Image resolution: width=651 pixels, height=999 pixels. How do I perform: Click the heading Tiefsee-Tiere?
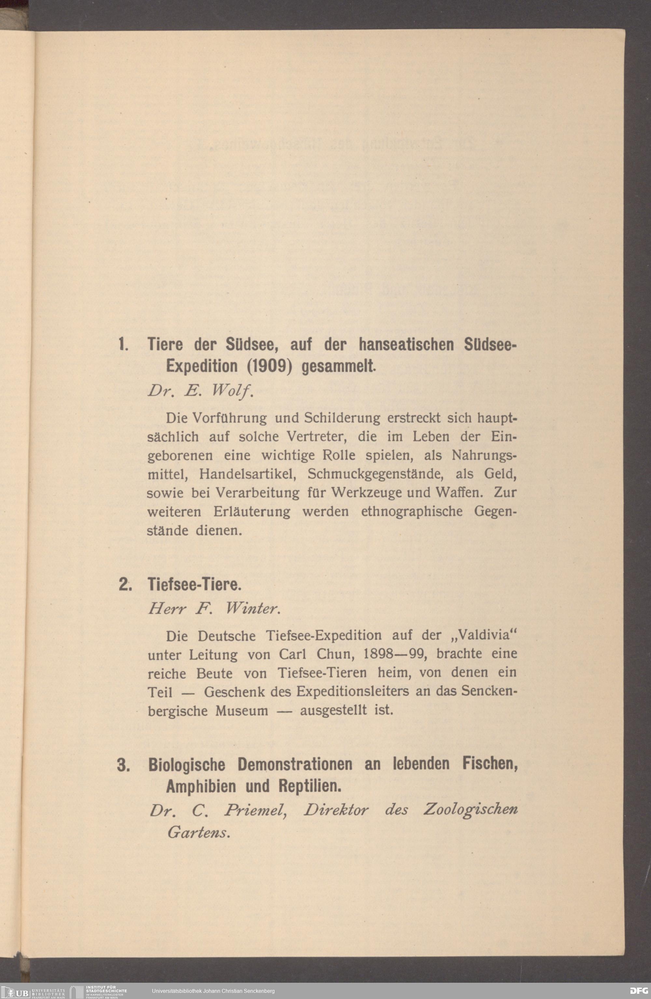coord(194,585)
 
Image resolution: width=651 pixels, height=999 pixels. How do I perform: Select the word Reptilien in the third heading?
coord(310,786)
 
